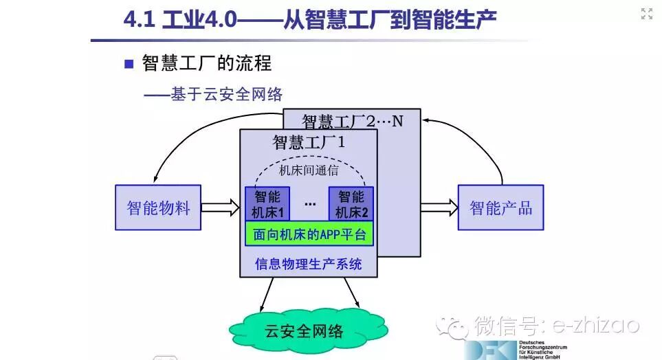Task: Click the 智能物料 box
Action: pos(158,207)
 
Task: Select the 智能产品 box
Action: pos(500,207)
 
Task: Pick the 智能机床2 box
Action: pos(351,204)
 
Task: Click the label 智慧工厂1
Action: pos(309,143)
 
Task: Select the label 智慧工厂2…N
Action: pos(353,122)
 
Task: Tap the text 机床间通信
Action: pos(309,170)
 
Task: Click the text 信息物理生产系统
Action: pos(309,264)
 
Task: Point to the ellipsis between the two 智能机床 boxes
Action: pos(310,204)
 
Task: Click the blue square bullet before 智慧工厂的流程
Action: pos(128,64)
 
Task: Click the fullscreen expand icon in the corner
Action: pos(646,14)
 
